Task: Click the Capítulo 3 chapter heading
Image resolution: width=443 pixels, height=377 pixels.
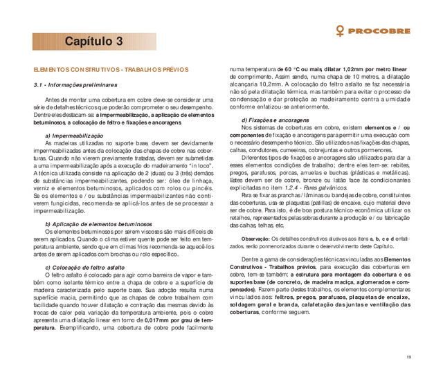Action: pos(95,42)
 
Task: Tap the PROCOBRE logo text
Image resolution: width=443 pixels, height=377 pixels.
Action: pos(381,31)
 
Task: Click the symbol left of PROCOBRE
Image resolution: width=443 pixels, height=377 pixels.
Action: pos(341,31)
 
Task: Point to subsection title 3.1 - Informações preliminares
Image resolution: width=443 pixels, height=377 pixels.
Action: pos(76,84)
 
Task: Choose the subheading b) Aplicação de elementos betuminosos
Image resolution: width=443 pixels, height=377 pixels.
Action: pos(98,224)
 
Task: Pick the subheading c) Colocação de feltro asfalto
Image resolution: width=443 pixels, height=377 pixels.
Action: pos(84,266)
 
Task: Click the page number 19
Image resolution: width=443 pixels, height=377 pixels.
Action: pos(410,357)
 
